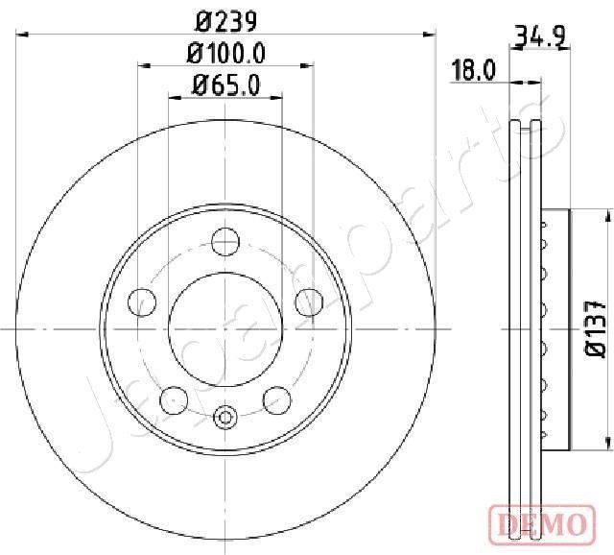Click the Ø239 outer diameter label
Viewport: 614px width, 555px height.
226,21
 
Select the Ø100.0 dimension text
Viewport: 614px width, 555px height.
226,54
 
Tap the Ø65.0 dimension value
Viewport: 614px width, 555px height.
226,85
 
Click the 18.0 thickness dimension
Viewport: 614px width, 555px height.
473,70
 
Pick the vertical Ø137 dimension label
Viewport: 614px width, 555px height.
596,329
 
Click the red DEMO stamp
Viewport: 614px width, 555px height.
542,525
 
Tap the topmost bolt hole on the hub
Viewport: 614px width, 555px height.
225,242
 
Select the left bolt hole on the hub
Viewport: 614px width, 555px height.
142,302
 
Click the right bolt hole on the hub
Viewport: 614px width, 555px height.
309,302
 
